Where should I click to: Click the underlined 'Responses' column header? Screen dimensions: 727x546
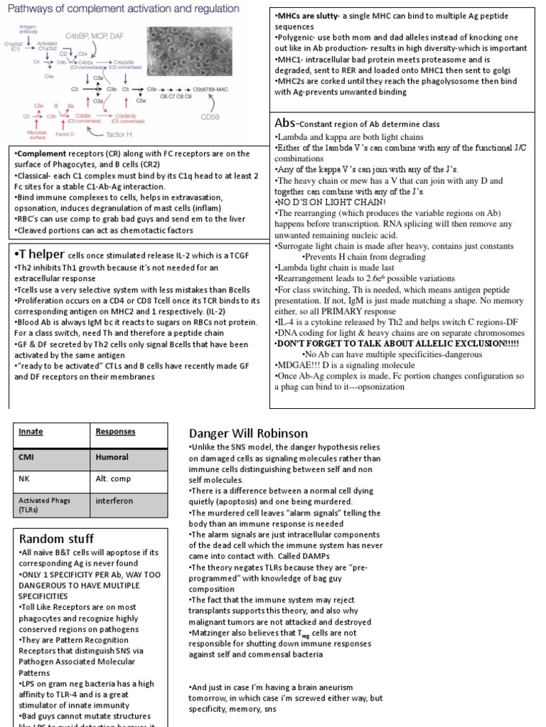tap(115, 431)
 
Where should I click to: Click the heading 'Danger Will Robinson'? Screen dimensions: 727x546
tap(248, 433)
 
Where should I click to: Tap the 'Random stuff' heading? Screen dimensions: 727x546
tap(56, 539)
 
